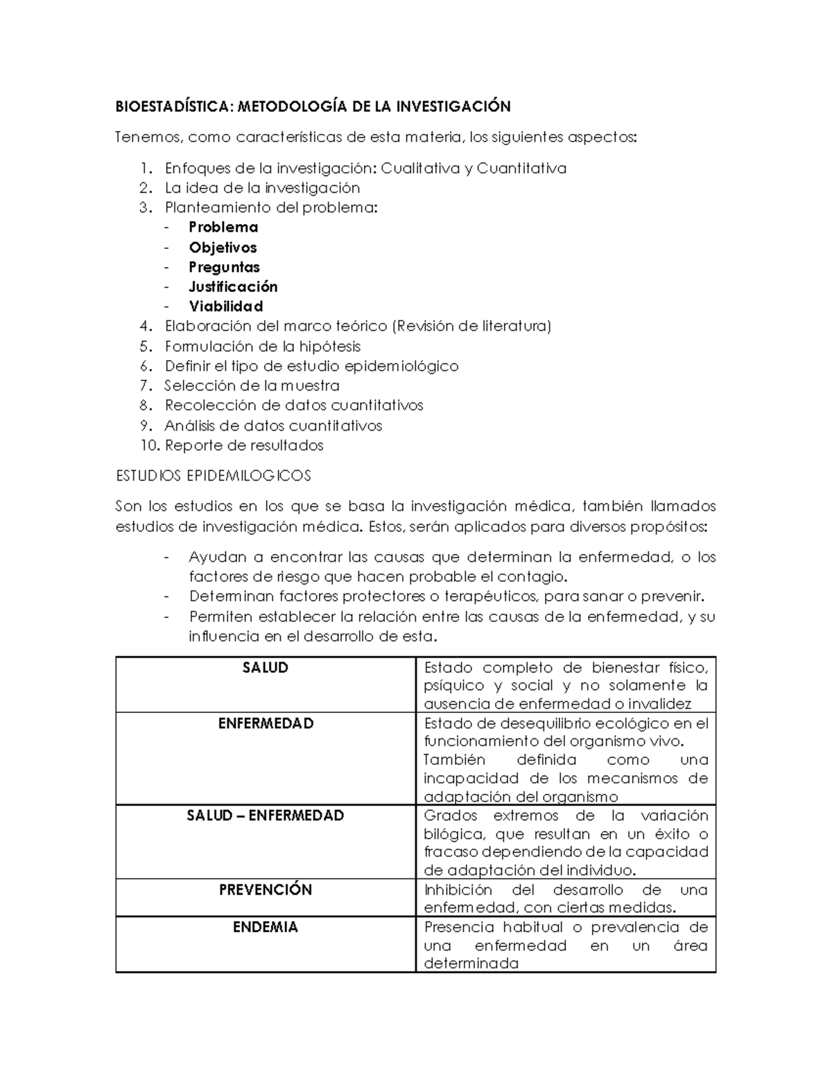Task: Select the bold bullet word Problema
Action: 223,227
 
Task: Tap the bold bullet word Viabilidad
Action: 225,307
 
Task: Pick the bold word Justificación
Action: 233,287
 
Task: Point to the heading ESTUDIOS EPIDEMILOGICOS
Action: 214,476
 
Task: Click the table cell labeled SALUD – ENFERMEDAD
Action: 266,816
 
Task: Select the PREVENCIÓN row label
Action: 266,890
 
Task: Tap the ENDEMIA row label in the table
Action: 266,927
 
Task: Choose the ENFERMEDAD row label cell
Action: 266,723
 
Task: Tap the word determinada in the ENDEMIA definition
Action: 471,963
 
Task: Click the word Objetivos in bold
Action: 223,248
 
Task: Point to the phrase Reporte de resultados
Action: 244,445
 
